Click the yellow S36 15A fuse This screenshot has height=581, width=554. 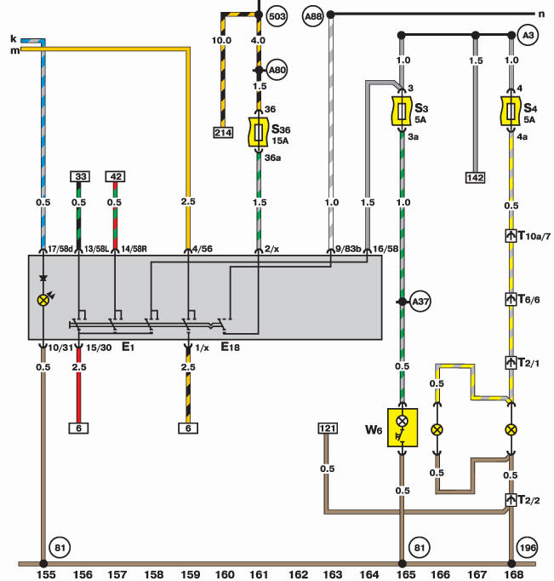point(259,132)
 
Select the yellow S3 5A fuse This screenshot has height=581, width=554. point(402,111)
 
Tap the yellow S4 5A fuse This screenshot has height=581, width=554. point(511,111)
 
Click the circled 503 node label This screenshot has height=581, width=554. point(277,16)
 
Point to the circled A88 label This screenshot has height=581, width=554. point(312,16)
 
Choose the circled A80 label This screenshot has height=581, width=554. point(277,70)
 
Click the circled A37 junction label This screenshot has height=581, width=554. point(420,302)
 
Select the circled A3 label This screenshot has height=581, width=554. point(528,35)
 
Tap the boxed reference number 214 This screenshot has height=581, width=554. point(223,133)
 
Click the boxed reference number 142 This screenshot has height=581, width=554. point(475,177)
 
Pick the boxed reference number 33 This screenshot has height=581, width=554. point(80,176)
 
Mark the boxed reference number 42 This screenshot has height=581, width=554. point(115,176)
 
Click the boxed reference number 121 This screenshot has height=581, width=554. point(328,429)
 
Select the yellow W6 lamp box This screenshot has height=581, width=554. point(403,428)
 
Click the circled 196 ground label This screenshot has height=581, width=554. point(527,548)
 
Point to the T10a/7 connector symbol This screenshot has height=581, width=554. point(511,236)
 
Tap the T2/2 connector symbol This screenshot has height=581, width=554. point(511,500)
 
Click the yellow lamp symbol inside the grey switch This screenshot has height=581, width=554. point(43,300)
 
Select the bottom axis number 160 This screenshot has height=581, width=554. point(225,574)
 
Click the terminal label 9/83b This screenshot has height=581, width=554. point(348,249)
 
